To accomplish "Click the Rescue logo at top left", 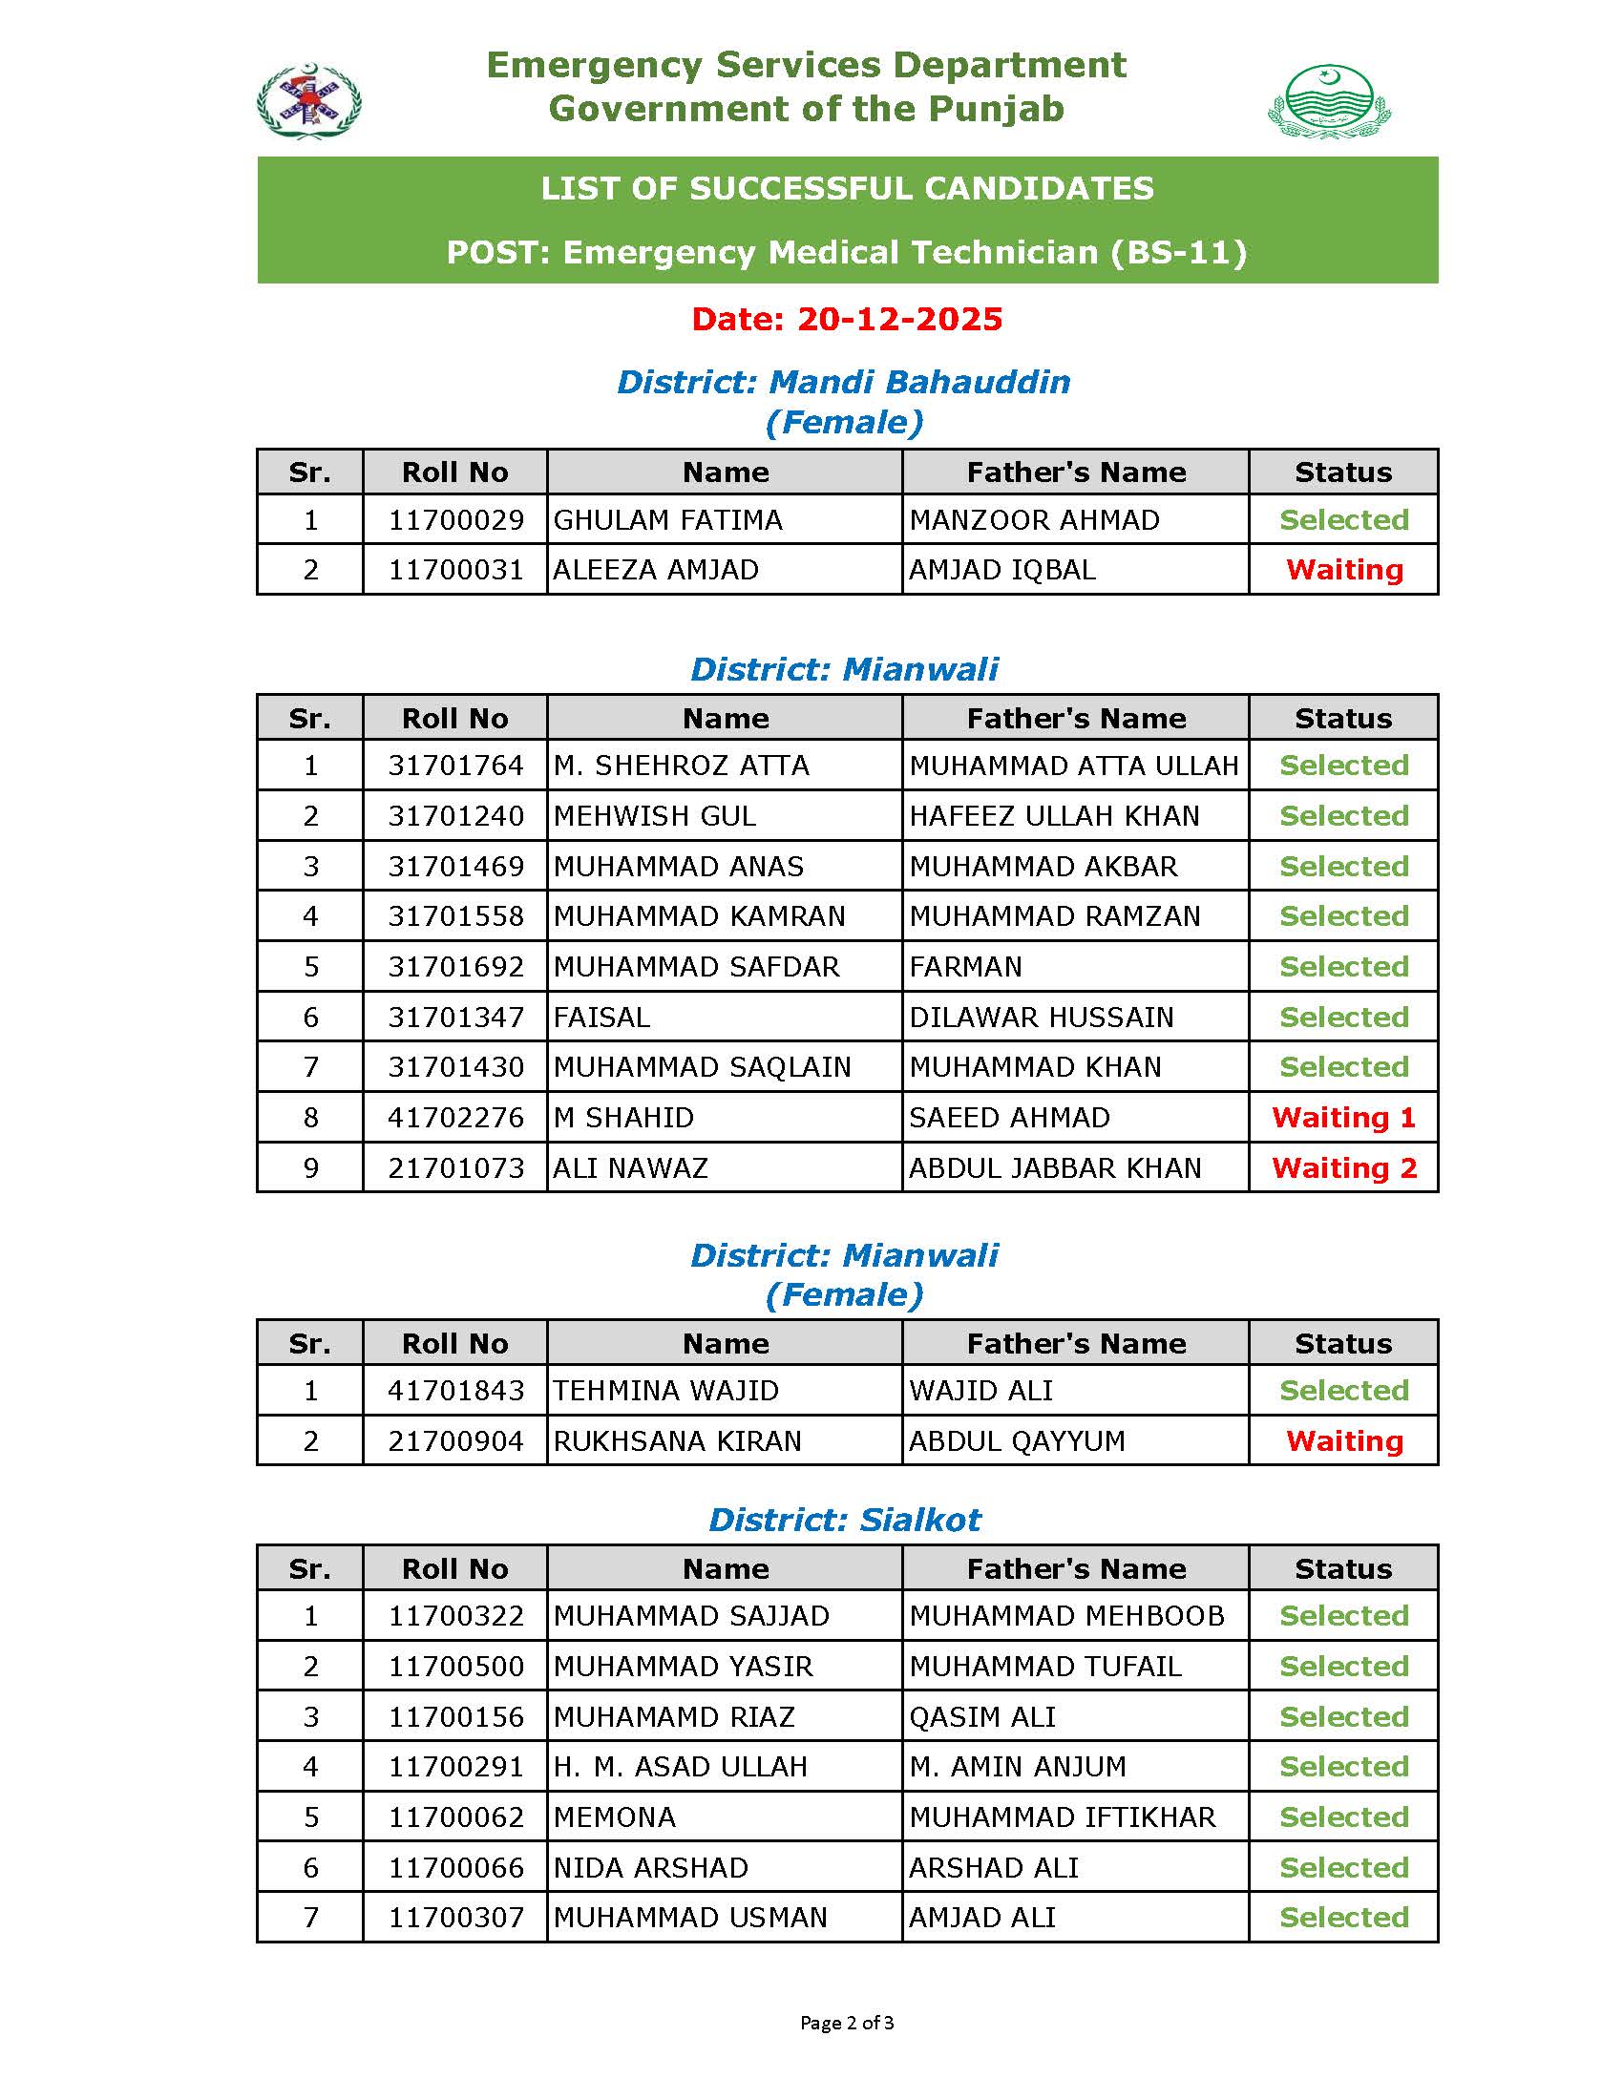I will click(x=308, y=101).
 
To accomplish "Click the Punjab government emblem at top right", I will click(x=1329, y=101).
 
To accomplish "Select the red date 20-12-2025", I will click(x=846, y=319).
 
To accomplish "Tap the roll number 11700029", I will click(x=455, y=520).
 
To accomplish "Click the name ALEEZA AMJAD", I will click(x=656, y=570).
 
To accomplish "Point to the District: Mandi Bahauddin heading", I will click(x=843, y=382).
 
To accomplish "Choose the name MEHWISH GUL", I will click(x=655, y=816).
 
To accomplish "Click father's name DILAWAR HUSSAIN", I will click(x=1042, y=1018).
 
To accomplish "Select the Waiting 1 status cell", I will click(x=1343, y=1118).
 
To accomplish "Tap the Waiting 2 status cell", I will click(x=1343, y=1168).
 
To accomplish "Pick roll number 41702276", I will click(x=455, y=1118).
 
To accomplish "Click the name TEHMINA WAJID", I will click(x=665, y=1391).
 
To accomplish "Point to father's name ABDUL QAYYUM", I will click(x=1017, y=1441).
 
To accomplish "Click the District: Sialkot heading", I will click(x=844, y=1520).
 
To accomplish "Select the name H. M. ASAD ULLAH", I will click(x=680, y=1767).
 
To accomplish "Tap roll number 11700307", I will click(x=455, y=1918).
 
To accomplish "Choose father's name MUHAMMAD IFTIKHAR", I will click(x=1062, y=1817).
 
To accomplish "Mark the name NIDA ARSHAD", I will click(x=651, y=1867).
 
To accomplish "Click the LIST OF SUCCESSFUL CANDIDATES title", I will click(x=846, y=188).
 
